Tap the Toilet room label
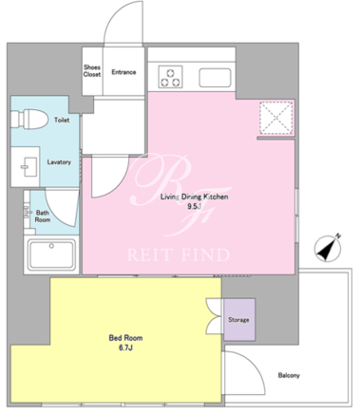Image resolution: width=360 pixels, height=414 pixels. (62, 120)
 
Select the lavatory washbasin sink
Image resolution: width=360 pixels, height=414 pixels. (26, 166)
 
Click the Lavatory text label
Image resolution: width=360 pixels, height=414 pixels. (59, 162)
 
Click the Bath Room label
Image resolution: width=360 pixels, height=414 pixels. (43, 216)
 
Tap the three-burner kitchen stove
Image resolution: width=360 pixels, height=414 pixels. (170, 77)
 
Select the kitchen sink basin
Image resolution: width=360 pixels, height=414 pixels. (215, 78)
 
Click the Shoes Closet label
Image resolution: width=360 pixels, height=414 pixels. (92, 71)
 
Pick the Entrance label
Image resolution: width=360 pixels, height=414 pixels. (123, 72)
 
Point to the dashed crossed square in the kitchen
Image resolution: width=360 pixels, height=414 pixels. (275, 118)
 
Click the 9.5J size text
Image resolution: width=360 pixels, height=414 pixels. (194, 207)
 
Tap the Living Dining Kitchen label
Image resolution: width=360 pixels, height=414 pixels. (194, 197)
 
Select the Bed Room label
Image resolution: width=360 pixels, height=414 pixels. (125, 338)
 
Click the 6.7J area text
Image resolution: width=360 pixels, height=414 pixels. (125, 348)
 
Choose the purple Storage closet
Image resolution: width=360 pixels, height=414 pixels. (239, 320)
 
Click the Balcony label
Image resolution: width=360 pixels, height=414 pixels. (289, 375)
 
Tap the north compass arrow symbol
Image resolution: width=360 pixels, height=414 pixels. (328, 249)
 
